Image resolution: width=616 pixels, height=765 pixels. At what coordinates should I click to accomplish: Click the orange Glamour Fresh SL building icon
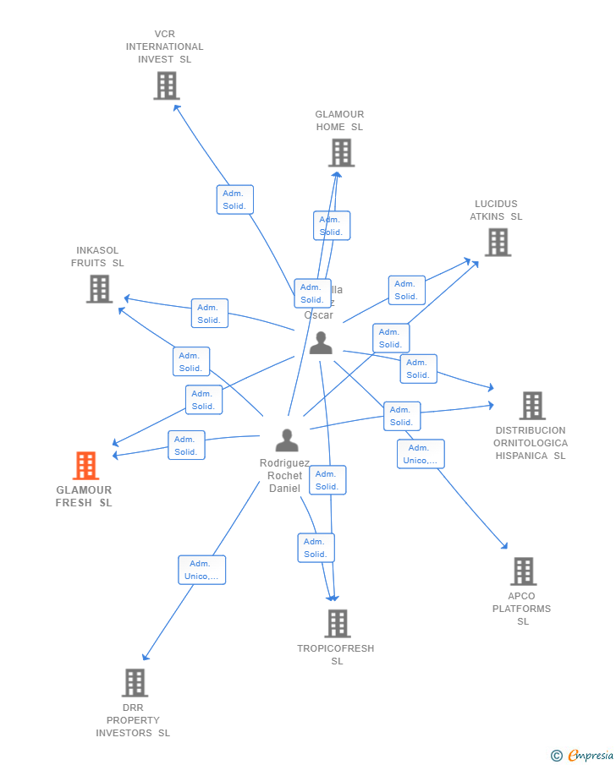pyautogui.click(x=85, y=466)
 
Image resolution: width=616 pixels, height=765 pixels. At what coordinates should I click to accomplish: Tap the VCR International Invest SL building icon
pyautogui.click(x=167, y=85)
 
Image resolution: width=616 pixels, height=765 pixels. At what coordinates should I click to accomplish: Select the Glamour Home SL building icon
pyautogui.click(x=341, y=153)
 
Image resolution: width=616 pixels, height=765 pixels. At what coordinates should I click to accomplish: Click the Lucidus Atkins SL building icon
pyautogui.click(x=497, y=243)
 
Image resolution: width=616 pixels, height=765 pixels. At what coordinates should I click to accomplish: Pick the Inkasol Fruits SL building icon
pyautogui.click(x=99, y=289)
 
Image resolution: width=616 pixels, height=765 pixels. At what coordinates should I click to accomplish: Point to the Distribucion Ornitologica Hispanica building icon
pyautogui.click(x=531, y=406)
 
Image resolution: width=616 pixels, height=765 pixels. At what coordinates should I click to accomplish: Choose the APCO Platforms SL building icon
pyautogui.click(x=523, y=571)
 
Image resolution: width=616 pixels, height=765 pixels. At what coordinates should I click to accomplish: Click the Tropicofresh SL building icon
pyautogui.click(x=337, y=624)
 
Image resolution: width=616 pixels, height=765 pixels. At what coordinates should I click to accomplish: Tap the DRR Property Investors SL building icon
pyautogui.click(x=135, y=683)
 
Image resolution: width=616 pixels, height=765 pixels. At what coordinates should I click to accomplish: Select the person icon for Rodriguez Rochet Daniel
pyautogui.click(x=287, y=440)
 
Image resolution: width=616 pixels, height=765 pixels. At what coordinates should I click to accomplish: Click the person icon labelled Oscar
pyautogui.click(x=321, y=342)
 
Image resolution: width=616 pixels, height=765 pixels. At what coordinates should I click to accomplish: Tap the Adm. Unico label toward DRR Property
pyautogui.click(x=201, y=570)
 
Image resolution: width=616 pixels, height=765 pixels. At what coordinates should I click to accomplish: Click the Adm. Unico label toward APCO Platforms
pyautogui.click(x=421, y=454)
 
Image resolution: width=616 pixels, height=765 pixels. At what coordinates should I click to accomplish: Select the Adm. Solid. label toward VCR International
pyautogui.click(x=234, y=199)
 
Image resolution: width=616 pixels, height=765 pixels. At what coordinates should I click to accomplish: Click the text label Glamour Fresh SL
pyautogui.click(x=84, y=496)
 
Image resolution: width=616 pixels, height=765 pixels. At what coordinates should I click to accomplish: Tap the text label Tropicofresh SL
pyautogui.click(x=336, y=654)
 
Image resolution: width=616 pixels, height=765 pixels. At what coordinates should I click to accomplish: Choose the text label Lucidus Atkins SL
pyautogui.click(x=497, y=210)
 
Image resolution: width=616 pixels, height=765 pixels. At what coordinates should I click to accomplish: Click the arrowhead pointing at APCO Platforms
pyautogui.click(x=505, y=547)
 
